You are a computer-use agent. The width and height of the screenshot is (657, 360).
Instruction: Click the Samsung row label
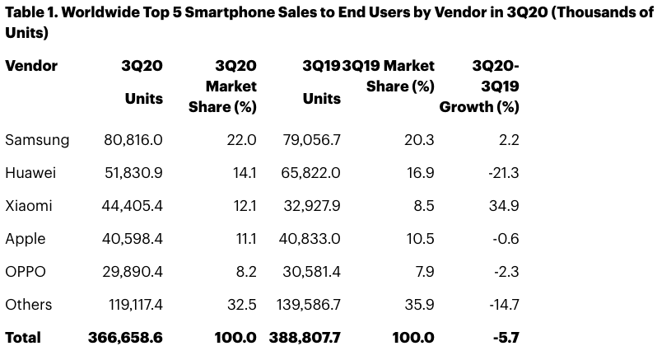tap(37, 140)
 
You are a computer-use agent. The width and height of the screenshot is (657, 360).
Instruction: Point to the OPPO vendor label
tap(26, 272)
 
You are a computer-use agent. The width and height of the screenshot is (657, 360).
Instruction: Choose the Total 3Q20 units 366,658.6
tap(125, 338)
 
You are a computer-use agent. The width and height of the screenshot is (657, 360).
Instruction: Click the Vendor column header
tap(31, 66)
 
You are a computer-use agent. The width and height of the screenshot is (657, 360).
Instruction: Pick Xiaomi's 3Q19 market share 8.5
tap(424, 206)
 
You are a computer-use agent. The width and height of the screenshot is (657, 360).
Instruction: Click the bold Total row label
tap(23, 338)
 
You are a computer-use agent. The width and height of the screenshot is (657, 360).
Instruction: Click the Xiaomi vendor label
tap(28, 206)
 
